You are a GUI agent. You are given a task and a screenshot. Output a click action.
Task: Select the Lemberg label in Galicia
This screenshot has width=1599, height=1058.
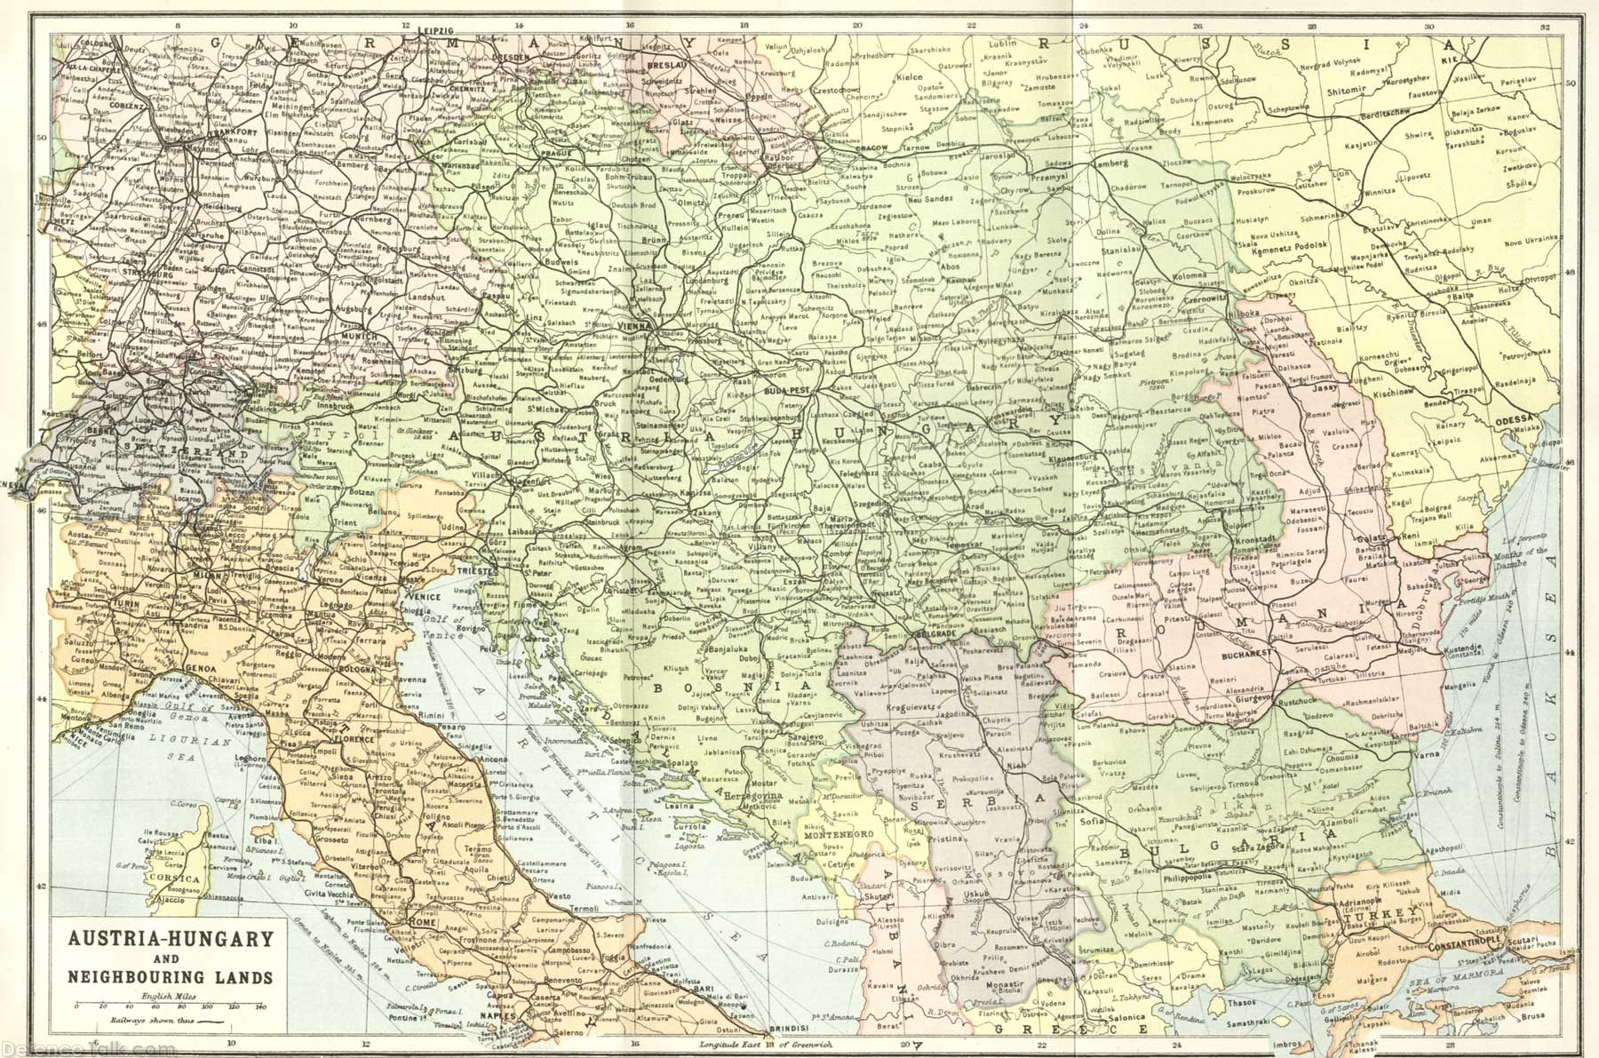1112,163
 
